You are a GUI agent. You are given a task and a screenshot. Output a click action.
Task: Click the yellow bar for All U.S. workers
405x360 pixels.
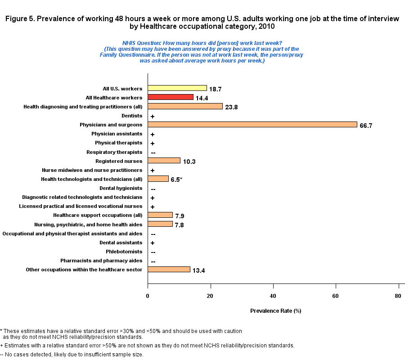click(177, 88)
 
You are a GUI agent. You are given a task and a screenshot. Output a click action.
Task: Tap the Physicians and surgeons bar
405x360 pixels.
click(252, 125)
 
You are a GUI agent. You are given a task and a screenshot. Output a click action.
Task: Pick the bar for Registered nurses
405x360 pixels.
click(164, 161)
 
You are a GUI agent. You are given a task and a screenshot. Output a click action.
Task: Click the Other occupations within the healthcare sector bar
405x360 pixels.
click(169, 270)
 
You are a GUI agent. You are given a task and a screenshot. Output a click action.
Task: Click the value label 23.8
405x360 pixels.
click(232, 107)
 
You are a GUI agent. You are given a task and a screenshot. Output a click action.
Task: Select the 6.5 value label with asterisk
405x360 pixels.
click(176, 180)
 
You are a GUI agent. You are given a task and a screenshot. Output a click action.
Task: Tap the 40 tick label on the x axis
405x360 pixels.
click(273, 296)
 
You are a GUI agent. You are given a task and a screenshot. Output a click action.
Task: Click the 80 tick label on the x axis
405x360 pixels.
click(398, 296)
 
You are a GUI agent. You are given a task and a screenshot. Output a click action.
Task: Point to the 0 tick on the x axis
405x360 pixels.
click(148, 296)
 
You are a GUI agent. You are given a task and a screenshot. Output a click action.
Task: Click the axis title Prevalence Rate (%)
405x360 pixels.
click(275, 311)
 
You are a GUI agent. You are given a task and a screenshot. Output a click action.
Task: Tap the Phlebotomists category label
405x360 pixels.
click(124, 252)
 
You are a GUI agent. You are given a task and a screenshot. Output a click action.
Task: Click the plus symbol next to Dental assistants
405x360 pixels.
click(153, 243)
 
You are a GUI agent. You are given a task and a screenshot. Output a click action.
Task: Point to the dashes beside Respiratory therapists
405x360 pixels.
click(153, 153)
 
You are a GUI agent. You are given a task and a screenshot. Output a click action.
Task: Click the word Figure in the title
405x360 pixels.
click(14, 19)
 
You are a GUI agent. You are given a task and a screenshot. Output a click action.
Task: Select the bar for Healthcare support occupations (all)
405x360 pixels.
click(160, 215)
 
